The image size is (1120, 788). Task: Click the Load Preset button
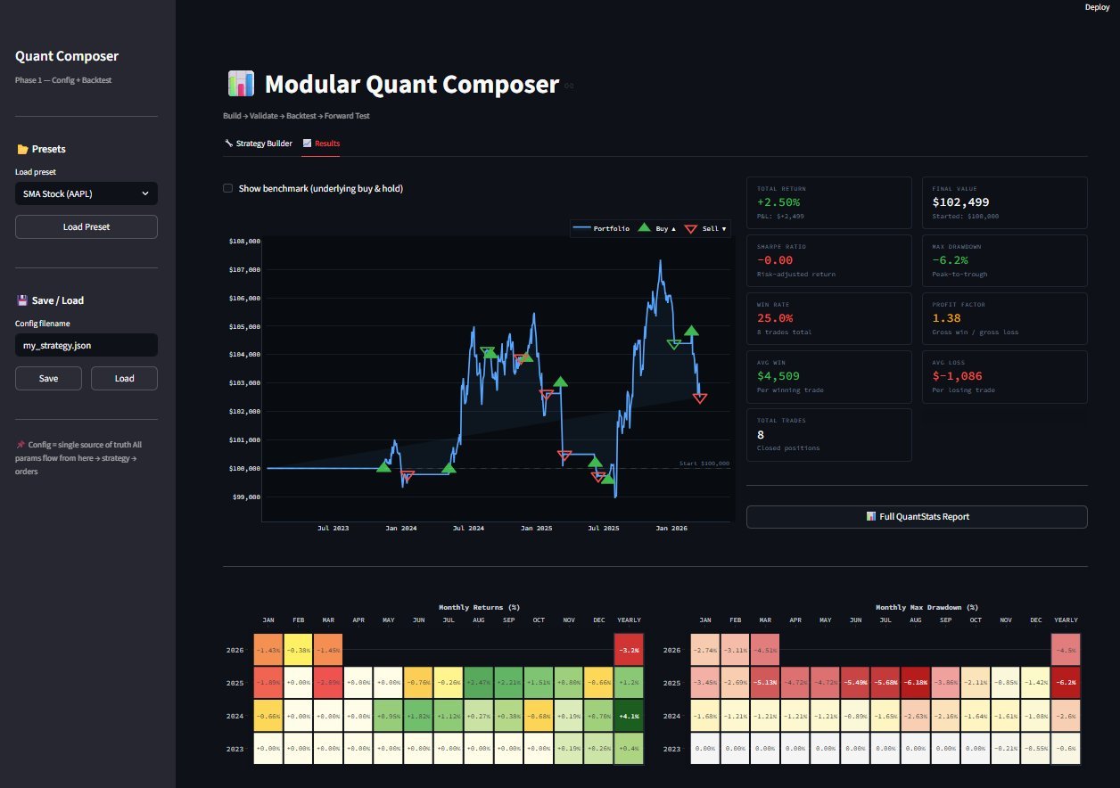(86, 226)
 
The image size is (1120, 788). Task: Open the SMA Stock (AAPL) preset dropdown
(86, 193)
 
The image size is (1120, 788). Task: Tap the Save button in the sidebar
(49, 378)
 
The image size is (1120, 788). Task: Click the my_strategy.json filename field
(86, 345)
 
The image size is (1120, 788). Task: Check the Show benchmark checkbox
(228, 188)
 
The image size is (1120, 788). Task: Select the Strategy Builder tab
(259, 144)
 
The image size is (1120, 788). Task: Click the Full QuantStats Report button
(917, 516)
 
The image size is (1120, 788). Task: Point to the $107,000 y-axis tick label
(243, 269)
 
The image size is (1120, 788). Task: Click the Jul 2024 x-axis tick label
(468, 529)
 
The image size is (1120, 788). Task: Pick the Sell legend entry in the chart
(707, 229)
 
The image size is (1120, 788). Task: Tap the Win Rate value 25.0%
(775, 318)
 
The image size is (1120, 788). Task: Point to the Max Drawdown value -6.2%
(951, 260)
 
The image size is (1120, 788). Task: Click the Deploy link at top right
(1097, 7)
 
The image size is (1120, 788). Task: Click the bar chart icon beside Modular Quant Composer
(241, 85)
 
